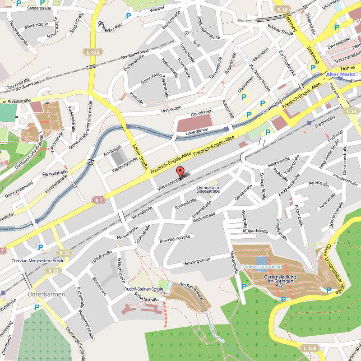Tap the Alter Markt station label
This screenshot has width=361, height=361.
341,74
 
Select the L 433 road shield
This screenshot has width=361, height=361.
92,52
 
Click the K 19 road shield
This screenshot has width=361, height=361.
283,9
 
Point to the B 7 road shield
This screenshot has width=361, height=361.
99,199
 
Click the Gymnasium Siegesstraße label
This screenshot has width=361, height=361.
208,189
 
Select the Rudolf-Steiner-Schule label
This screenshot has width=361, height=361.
144,289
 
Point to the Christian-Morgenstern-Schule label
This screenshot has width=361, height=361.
38,260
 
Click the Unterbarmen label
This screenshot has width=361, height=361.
46,294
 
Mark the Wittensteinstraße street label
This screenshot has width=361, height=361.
172,182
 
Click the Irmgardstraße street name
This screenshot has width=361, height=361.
255,231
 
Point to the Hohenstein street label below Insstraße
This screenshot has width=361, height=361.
171,109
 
